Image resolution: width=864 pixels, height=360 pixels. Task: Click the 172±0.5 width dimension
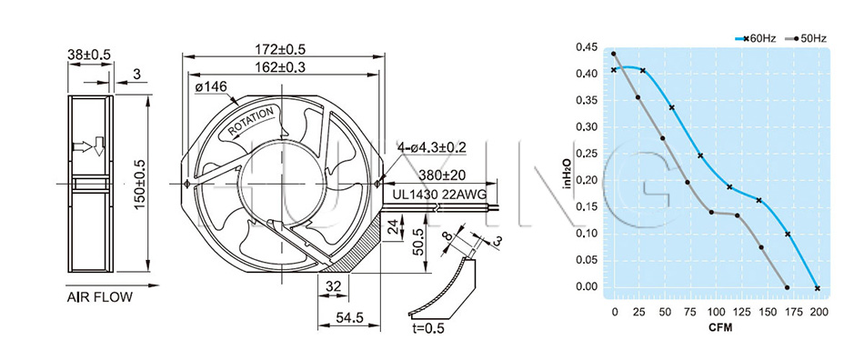[x=280, y=49]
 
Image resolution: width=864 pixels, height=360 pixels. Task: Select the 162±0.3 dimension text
[x=280, y=67]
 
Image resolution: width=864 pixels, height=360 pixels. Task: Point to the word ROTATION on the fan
[x=251, y=121]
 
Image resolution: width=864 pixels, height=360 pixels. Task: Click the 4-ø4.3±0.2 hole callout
[x=431, y=147]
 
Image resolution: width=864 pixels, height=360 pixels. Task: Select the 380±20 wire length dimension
[x=442, y=175]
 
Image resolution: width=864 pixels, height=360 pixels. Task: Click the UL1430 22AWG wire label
[x=439, y=195]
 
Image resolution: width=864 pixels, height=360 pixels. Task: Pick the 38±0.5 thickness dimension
[x=89, y=54]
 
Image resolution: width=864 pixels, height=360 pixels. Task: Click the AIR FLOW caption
[x=100, y=298]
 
